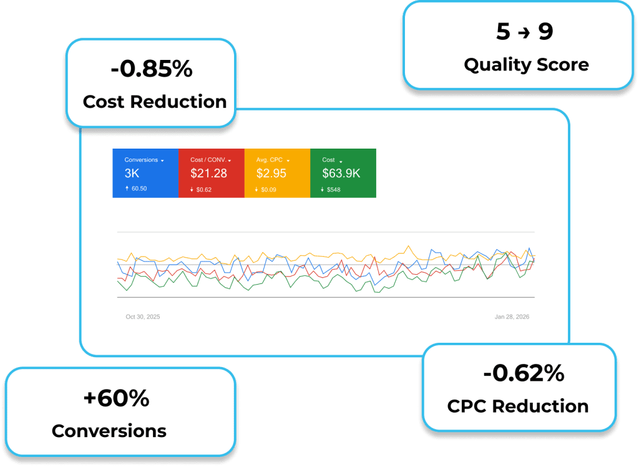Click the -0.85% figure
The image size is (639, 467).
[152, 70]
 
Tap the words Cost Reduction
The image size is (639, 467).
[155, 102]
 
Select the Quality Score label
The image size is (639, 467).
[526, 64]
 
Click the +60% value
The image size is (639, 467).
[117, 398]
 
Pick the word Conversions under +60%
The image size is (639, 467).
[109, 431]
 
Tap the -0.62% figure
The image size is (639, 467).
[524, 373]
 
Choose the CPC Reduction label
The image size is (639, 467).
[518, 406]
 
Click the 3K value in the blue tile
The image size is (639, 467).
[132, 174]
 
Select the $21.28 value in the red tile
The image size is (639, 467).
[208, 174]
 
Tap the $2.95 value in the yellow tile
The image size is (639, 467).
[271, 174]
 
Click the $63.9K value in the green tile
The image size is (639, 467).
[341, 174]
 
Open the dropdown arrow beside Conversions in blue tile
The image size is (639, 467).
[162, 160]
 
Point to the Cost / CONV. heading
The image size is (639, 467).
[208, 160]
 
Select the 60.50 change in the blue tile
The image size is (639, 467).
[139, 189]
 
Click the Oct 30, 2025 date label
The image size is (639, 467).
[143, 317]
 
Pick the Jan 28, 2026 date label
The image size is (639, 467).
[512, 317]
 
